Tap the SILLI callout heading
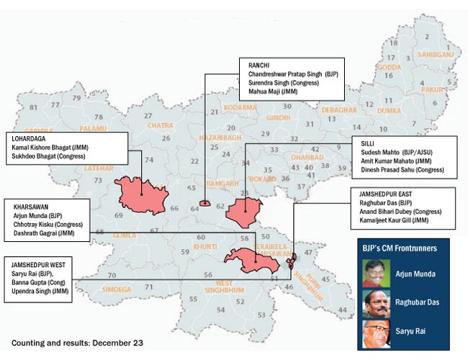click(x=367, y=144)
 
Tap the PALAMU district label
click(x=93, y=128)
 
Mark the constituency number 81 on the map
click(x=33, y=107)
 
